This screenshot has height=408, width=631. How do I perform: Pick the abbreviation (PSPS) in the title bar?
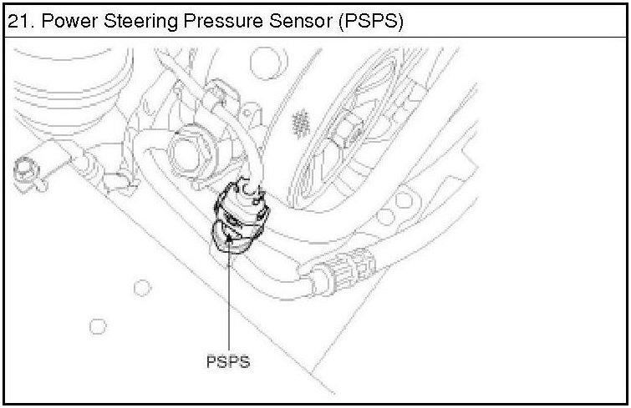[369, 21]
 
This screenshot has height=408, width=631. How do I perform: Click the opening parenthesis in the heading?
[341, 21]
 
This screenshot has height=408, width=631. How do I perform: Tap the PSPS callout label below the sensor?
[227, 362]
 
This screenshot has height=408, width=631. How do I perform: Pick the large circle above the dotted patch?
[266, 60]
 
